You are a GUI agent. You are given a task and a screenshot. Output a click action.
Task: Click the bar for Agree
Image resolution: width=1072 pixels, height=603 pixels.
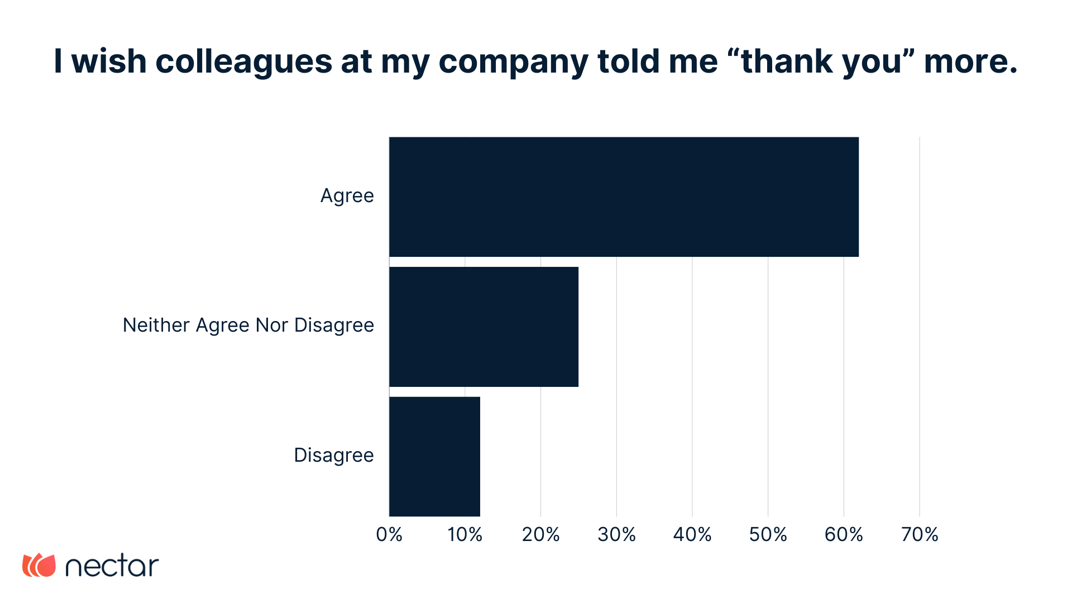click(x=624, y=197)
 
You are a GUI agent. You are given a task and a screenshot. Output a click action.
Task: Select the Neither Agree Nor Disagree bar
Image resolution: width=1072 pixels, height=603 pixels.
click(x=484, y=327)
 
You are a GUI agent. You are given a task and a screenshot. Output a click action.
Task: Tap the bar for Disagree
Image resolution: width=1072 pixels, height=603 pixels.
click(x=434, y=456)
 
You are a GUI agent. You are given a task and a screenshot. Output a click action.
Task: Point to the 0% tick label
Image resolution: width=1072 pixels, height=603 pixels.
click(x=389, y=534)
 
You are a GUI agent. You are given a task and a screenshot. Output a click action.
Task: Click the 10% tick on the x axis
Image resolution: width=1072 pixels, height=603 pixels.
click(x=465, y=534)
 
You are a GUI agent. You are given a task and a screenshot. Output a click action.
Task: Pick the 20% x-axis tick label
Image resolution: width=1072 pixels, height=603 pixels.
click(x=540, y=534)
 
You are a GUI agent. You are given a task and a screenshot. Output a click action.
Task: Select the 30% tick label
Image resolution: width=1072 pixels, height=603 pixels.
click(x=616, y=534)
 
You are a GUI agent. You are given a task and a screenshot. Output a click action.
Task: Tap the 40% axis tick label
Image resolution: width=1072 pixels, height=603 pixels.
click(x=692, y=534)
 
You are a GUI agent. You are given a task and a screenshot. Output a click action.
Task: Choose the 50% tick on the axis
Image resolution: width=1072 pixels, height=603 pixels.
click(x=768, y=534)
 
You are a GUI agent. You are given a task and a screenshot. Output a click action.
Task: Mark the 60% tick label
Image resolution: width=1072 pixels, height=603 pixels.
click(x=844, y=534)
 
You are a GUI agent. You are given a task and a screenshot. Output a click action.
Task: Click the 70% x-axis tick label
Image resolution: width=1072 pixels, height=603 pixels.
click(x=920, y=534)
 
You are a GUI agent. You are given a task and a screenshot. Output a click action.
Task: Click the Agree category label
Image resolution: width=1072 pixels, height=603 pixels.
click(x=347, y=196)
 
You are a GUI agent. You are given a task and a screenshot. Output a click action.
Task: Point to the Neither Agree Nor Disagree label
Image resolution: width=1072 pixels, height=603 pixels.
click(x=248, y=325)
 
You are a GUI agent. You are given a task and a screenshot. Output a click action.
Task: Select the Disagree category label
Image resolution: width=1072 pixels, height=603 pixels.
click(x=333, y=455)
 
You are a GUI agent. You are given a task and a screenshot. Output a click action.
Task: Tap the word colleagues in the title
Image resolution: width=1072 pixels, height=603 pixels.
click(x=243, y=61)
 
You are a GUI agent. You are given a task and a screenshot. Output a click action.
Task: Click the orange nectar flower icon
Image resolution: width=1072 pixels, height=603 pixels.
click(x=39, y=565)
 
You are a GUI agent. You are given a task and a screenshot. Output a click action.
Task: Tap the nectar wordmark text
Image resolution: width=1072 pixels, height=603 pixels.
click(x=112, y=566)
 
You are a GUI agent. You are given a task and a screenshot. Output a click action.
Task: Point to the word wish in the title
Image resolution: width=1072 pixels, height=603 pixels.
click(x=109, y=61)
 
